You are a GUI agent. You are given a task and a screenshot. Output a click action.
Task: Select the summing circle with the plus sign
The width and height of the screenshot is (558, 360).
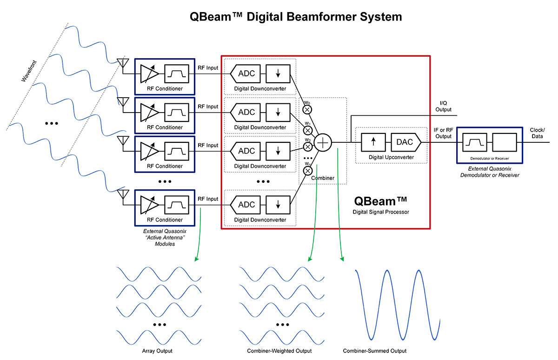[x=323, y=142]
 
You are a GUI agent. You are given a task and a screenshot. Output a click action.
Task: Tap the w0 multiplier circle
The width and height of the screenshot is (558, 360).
[x=307, y=110]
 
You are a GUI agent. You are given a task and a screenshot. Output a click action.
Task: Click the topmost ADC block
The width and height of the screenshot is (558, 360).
[x=246, y=73]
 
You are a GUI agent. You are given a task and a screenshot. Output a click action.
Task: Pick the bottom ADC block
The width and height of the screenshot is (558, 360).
[x=246, y=204]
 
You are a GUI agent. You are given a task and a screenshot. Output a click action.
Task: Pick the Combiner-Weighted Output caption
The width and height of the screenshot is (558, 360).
[x=279, y=350]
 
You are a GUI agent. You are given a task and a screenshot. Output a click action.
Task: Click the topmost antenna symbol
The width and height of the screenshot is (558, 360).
[x=123, y=63]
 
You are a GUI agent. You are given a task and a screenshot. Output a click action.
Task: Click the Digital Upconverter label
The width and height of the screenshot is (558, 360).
[x=391, y=157]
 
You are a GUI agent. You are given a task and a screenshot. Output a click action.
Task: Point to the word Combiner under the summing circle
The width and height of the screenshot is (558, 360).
[x=323, y=177]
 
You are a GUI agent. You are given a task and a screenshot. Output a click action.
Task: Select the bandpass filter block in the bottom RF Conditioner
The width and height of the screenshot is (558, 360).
[x=177, y=205]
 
